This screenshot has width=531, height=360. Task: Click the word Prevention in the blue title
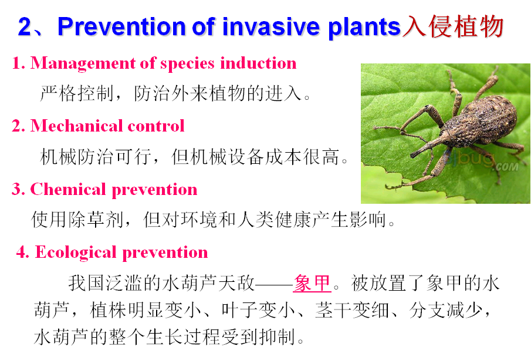(x=121, y=26)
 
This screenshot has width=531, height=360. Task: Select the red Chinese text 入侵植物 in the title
(x=454, y=26)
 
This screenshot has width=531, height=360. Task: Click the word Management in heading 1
(x=83, y=63)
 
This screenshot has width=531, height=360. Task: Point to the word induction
(x=258, y=63)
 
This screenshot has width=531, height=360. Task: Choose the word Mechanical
(x=76, y=126)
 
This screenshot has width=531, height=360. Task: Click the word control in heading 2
(x=155, y=126)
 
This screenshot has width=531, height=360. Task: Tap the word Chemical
(x=68, y=189)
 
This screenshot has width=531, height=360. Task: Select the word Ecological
(x=76, y=253)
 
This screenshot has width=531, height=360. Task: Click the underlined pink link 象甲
(x=312, y=283)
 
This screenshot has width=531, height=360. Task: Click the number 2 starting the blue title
(x=25, y=27)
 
